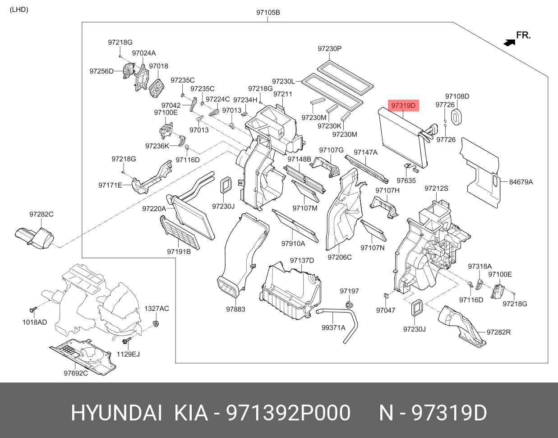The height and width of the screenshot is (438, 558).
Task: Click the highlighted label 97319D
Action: [403, 106]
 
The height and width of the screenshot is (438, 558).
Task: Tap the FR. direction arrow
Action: [509, 42]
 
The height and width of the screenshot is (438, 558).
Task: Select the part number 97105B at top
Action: [268, 12]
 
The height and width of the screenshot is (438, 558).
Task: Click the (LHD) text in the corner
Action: [19, 10]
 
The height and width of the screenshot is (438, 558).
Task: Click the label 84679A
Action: [521, 182]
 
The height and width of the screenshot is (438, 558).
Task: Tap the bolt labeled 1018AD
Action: [33, 310]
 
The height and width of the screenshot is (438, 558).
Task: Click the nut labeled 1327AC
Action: [155, 323]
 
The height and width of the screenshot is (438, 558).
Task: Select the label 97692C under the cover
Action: [76, 373]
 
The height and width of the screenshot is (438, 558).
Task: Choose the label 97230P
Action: [330, 49]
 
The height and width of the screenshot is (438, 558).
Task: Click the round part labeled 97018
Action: [157, 88]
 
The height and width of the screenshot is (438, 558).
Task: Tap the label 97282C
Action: [42, 214]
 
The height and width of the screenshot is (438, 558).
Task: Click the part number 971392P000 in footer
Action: [288, 413]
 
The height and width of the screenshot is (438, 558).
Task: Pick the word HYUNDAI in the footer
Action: [116, 413]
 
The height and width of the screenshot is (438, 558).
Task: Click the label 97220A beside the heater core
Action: [154, 209]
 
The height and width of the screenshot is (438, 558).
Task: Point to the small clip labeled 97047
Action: [386, 295]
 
